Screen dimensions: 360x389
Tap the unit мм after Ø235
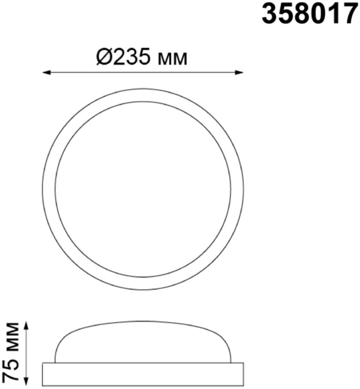coord(172,59)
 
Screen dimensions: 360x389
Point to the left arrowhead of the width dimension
coord(46,72)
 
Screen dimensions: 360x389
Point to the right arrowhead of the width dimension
coord(239,72)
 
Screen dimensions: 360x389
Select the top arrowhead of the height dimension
coord(27,325)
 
